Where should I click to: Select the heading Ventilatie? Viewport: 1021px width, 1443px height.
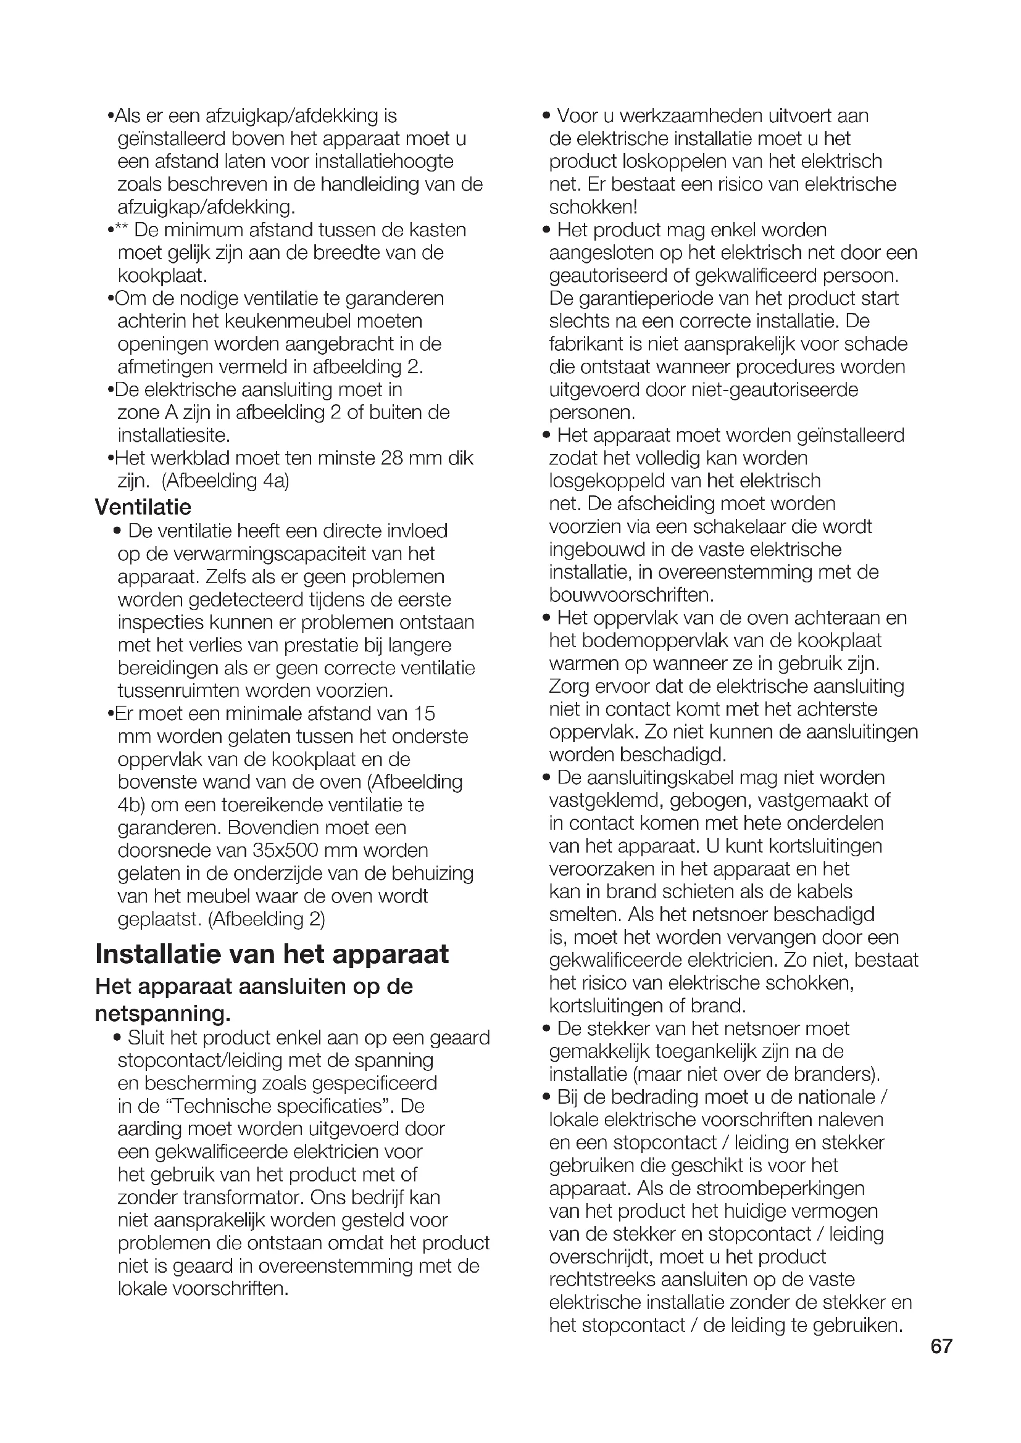tap(143, 507)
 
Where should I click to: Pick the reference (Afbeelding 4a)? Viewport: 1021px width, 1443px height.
tap(225, 481)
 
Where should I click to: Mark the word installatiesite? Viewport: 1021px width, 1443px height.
tap(173, 435)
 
